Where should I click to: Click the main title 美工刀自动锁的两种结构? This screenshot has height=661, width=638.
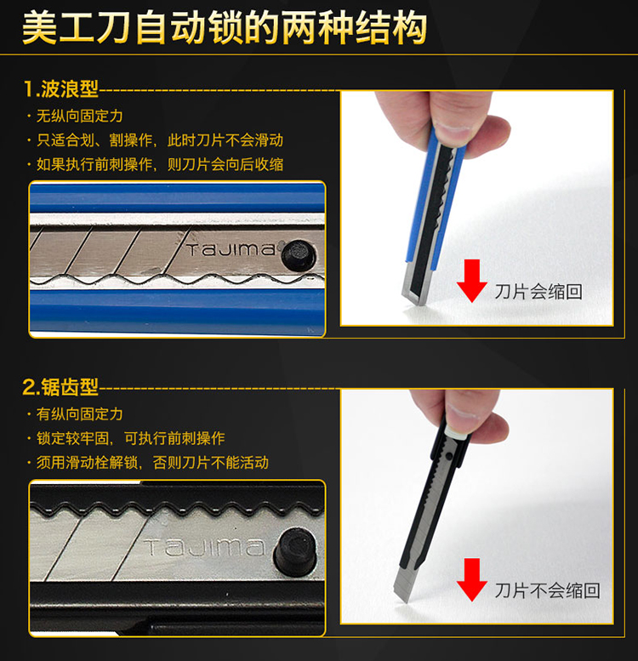tap(225, 28)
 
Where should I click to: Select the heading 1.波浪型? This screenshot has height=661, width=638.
tap(60, 89)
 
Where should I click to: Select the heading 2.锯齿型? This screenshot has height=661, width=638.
tap(60, 387)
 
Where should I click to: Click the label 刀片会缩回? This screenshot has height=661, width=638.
tap(538, 292)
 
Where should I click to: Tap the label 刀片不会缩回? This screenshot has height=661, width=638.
tap(547, 590)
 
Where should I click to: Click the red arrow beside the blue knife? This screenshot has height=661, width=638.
tap(472, 281)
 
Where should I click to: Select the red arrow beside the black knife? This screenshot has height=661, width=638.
tap(472, 579)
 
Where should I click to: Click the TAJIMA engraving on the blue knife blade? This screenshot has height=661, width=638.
tap(231, 249)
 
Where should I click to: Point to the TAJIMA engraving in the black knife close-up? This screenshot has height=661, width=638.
tap(205, 547)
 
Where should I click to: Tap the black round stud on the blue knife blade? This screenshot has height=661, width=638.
tap(299, 254)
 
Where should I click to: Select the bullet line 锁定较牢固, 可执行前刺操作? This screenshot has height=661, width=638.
tap(131, 438)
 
